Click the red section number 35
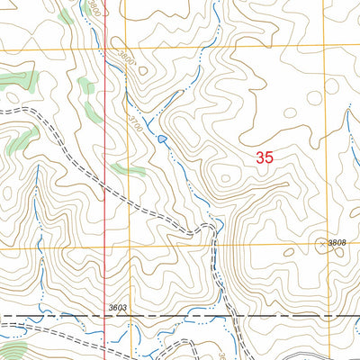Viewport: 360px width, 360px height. [264, 157]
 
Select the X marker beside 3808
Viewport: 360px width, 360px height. [324, 244]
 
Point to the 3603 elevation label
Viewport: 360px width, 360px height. [117, 309]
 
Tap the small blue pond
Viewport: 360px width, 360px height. [162, 139]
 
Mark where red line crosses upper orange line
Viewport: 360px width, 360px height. [104, 45]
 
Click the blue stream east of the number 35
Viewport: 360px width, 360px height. [346, 126]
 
